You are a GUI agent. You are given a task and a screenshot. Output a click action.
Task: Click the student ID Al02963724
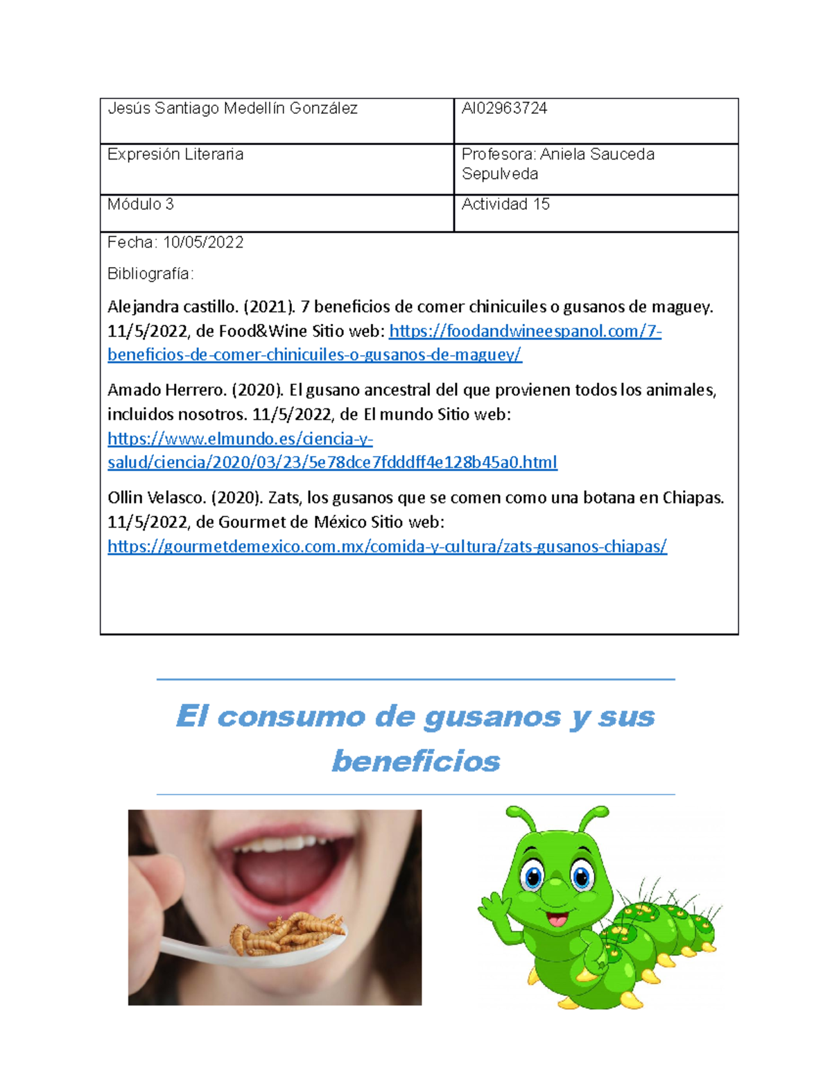pos(504,108)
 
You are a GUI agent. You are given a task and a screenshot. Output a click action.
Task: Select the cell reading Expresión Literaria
pos(175,154)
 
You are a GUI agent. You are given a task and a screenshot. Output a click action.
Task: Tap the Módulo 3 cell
pos(141,204)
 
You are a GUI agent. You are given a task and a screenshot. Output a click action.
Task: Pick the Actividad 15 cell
pos(505,204)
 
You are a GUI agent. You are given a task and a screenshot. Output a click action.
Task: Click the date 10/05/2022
pos(203,242)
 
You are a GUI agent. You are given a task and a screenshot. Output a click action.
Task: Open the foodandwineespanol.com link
pos(525,331)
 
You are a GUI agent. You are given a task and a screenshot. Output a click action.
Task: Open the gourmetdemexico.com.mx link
pos(387,546)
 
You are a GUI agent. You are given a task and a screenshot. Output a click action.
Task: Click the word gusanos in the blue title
pos(492,716)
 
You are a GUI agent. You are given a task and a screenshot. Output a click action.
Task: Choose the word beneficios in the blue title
pos(416,761)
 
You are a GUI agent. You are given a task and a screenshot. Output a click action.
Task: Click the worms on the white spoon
pos(287,933)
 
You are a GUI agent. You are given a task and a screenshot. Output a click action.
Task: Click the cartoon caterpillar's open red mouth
pos(557,920)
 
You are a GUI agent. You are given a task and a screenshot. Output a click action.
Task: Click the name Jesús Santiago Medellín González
pos(232,108)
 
